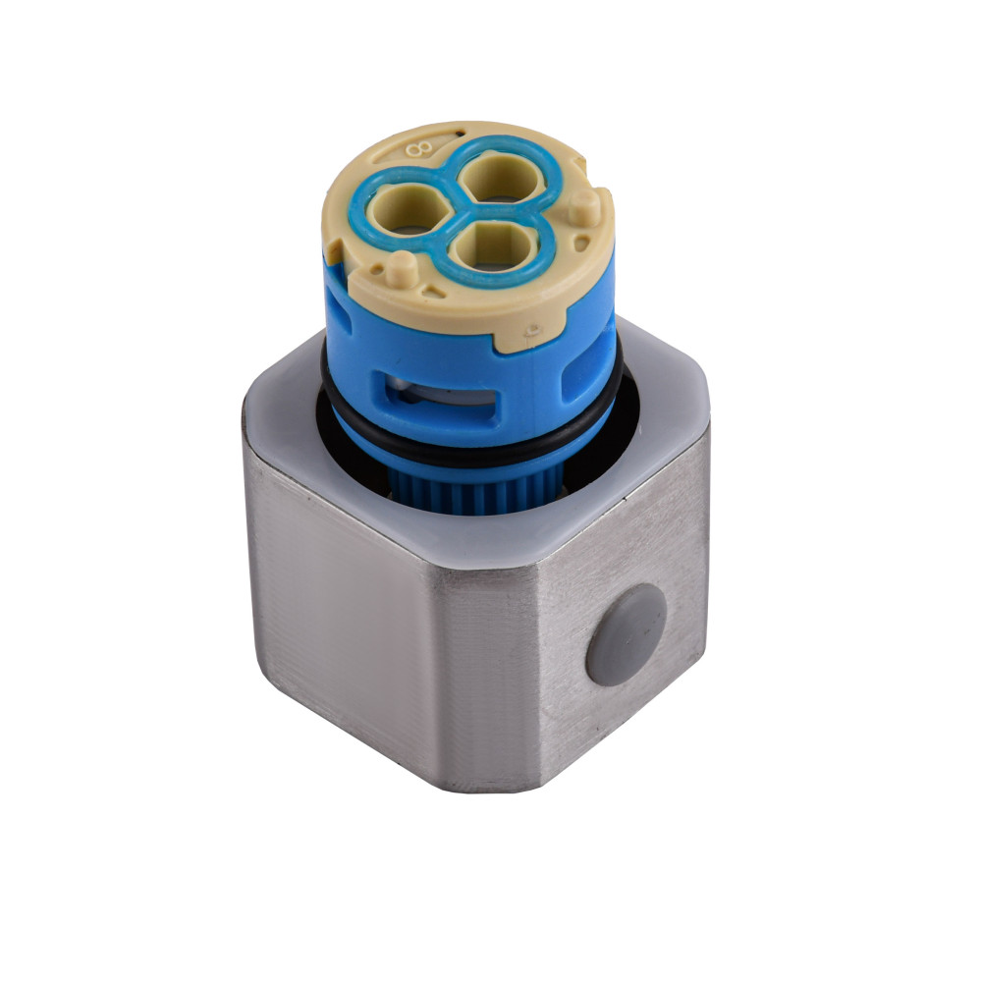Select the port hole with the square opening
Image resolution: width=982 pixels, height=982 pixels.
[x=495, y=242]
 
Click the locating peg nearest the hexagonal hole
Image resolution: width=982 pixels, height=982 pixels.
[x=402, y=267]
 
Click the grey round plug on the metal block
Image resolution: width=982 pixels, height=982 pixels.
[x=626, y=632]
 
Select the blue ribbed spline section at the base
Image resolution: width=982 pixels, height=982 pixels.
[x=462, y=491]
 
